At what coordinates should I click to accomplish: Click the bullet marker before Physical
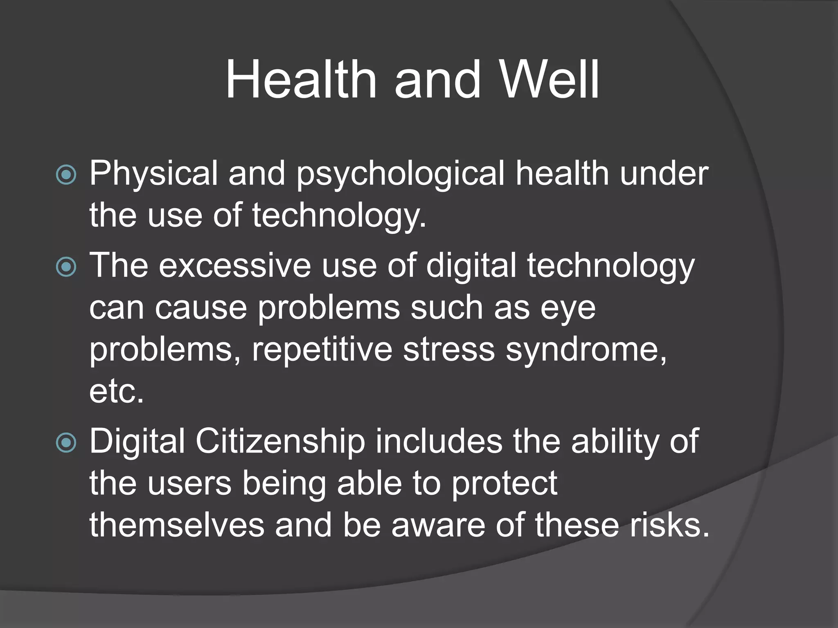(x=66, y=175)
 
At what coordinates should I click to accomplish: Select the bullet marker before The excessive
(x=66, y=267)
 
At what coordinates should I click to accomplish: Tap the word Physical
(x=153, y=173)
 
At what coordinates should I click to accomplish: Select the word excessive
(x=235, y=266)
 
